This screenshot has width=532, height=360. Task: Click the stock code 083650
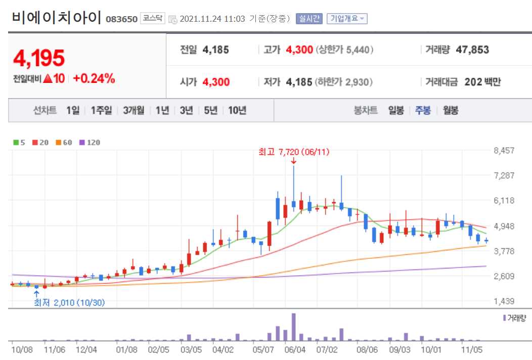pyautogui.click(x=121, y=19)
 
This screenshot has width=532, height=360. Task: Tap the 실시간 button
pyautogui.click(x=308, y=19)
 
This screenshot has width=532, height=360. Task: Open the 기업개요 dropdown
pyautogui.click(x=347, y=19)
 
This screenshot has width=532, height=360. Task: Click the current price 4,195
pyautogui.click(x=39, y=59)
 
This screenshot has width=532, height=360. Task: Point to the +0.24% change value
pyautogui.click(x=94, y=78)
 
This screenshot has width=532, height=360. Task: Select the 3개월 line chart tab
pyautogui.click(x=134, y=110)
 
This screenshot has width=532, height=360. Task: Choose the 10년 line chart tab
pyautogui.click(x=237, y=110)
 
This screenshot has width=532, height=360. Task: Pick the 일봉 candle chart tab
pyautogui.click(x=396, y=110)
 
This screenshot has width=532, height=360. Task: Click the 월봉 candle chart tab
pyautogui.click(x=451, y=110)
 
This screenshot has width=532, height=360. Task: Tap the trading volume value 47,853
pyautogui.click(x=472, y=50)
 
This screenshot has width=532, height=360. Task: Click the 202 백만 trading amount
pyautogui.click(x=482, y=82)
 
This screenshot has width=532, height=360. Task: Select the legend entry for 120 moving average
pyautogui.click(x=90, y=143)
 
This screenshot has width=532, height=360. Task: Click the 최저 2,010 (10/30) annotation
pyautogui.click(x=69, y=303)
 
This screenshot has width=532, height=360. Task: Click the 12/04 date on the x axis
pyautogui.click(x=85, y=349)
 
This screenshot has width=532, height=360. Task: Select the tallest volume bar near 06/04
pyautogui.click(x=293, y=327)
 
